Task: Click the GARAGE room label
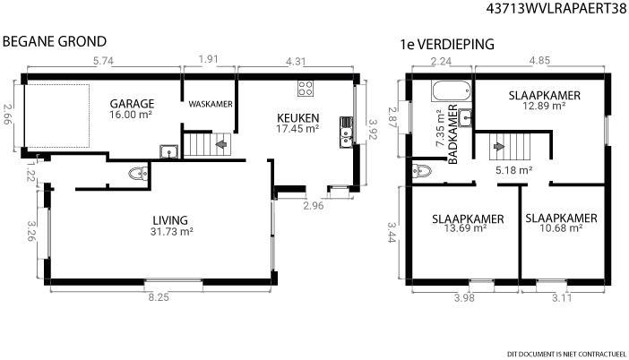[132, 104]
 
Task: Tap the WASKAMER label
[211, 104]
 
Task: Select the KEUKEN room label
[298, 118]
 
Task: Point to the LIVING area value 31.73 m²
[172, 232]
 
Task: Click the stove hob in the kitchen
[306, 88]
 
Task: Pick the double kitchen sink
[346, 132]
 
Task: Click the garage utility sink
[168, 152]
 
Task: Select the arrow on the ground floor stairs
[221, 143]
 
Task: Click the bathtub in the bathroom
[451, 91]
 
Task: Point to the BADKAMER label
[452, 134]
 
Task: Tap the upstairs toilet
[422, 171]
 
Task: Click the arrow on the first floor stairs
[498, 146]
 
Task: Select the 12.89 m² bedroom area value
[545, 106]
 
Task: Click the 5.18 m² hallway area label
[514, 170]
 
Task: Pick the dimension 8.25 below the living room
[159, 297]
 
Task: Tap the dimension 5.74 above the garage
[104, 61]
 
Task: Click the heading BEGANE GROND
[55, 41]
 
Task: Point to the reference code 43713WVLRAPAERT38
[556, 8]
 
